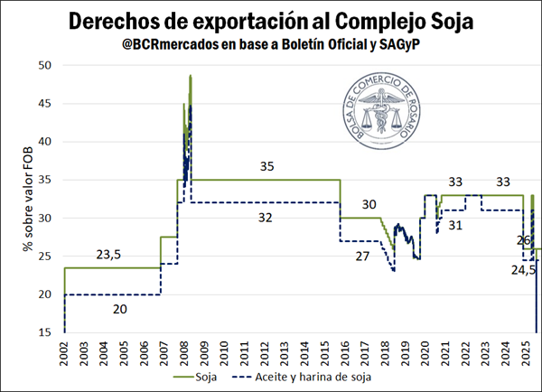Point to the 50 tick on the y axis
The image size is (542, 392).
tap(45, 65)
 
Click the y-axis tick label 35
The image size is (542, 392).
tap(45, 180)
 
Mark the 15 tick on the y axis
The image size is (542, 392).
tap(45, 333)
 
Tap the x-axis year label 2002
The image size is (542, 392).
tap(65, 353)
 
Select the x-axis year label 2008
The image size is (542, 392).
tap(184, 353)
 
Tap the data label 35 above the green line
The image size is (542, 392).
tap(266, 166)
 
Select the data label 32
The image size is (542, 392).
tap(266, 218)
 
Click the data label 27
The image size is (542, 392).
tap(361, 257)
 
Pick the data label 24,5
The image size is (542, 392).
tap(525, 269)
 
